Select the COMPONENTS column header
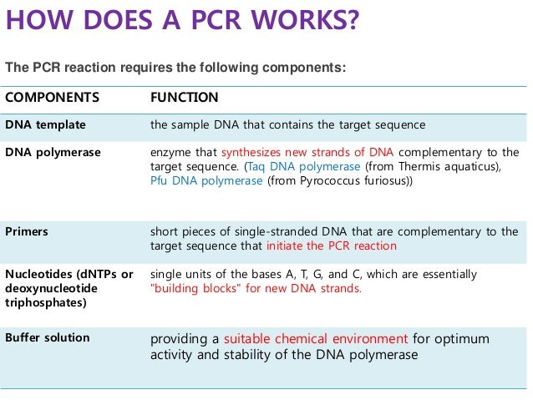(x=52, y=98)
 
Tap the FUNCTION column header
(x=184, y=98)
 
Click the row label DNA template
(x=45, y=125)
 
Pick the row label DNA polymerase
(x=53, y=152)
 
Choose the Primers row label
(x=27, y=231)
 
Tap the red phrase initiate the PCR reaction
(x=331, y=246)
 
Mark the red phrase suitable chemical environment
(x=315, y=339)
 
